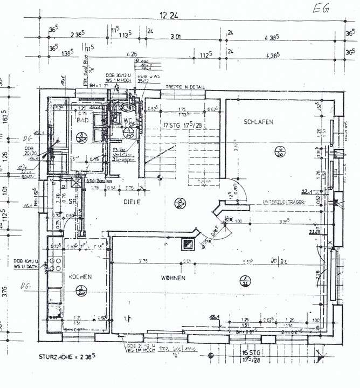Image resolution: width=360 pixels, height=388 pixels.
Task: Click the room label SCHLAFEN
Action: click(258, 122)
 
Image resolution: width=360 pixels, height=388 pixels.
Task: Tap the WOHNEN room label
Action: click(173, 278)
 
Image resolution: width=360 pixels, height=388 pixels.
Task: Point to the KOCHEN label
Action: click(80, 276)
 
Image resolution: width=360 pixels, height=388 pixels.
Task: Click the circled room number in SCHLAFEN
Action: click(280, 151)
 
